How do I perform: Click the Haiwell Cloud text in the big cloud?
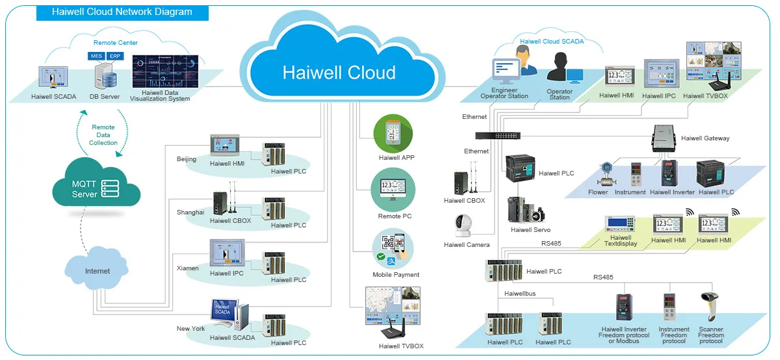(339, 72)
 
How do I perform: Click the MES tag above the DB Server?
(97, 57)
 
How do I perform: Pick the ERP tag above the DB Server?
(115, 57)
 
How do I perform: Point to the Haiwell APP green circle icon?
(393, 134)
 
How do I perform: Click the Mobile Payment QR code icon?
(393, 250)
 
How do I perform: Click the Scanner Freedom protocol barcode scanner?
(709, 307)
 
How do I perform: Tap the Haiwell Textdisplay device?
(621, 224)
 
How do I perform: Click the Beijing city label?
(187, 159)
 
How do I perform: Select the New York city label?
(190, 329)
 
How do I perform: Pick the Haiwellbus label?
(519, 294)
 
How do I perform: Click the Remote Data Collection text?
(103, 135)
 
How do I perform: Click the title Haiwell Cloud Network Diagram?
(122, 12)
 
